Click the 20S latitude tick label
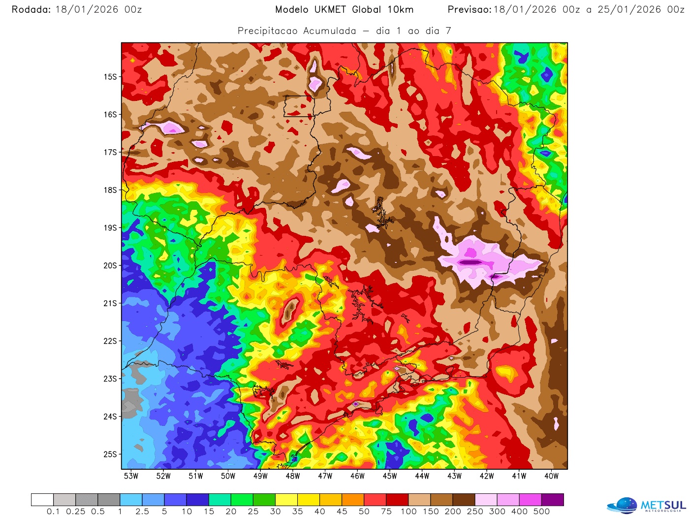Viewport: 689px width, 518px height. click(x=110, y=265)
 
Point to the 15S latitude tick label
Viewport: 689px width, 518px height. click(x=110, y=77)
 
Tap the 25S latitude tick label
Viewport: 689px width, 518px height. click(x=110, y=454)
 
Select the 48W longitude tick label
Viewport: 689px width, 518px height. click(x=293, y=476)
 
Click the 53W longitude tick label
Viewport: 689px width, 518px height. click(x=131, y=476)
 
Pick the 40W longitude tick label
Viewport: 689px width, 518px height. click(x=552, y=476)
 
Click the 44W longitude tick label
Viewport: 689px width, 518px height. click(x=422, y=476)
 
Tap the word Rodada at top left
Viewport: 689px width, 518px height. click(x=31, y=9)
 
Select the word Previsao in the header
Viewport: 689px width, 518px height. click(x=469, y=9)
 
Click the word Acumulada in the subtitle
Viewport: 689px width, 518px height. click(x=330, y=31)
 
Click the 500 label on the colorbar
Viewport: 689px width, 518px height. click(x=541, y=512)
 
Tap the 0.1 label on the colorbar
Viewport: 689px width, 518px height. click(x=53, y=512)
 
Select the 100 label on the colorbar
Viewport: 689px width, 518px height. click(x=408, y=512)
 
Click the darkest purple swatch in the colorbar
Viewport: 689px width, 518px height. click(x=553, y=500)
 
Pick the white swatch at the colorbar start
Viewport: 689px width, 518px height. click(x=42, y=500)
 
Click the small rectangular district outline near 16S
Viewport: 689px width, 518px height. click(x=298, y=106)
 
